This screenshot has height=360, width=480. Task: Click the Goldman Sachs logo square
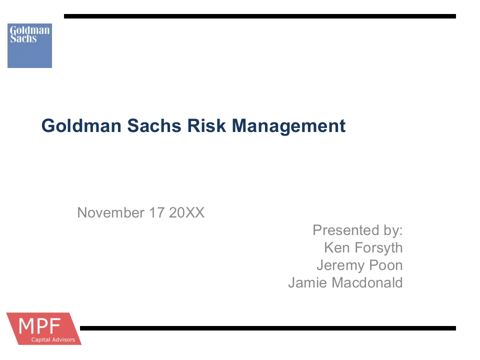[29, 45]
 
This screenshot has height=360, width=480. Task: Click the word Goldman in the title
[81, 126]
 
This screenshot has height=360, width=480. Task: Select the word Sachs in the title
[154, 126]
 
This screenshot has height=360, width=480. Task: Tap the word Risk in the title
[206, 126]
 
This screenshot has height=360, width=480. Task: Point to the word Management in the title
[288, 126]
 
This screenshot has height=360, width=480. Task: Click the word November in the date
[110, 212]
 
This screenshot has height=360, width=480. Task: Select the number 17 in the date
[156, 212]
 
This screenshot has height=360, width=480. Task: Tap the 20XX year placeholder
[186, 212]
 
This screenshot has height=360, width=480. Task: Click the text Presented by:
[357, 230]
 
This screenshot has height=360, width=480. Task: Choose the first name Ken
[336, 247]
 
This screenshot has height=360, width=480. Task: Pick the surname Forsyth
[378, 248]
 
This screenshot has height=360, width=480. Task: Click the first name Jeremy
[340, 265]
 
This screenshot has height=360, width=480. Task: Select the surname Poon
[386, 265]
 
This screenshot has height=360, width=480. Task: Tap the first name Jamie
[307, 282]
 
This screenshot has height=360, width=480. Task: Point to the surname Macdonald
[367, 282]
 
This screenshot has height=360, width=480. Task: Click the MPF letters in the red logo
[39, 326]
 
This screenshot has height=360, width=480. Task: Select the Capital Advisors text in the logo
[53, 339]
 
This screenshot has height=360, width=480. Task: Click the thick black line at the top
[260, 16]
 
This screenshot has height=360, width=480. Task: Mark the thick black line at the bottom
[268, 328]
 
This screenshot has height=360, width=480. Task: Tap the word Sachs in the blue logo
[23, 38]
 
